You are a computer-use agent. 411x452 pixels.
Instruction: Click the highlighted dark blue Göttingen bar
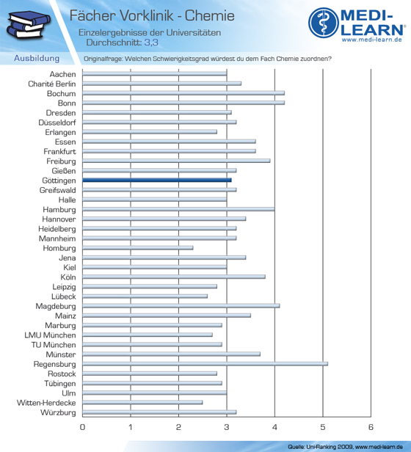tap(157, 181)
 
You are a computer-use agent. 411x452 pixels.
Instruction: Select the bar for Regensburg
tap(205, 364)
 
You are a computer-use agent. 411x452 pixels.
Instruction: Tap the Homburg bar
tap(138, 248)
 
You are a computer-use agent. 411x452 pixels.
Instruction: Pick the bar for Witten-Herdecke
tap(142, 402)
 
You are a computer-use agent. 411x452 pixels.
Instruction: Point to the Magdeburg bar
tap(181, 306)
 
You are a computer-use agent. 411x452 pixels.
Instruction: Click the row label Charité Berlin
tap(52, 84)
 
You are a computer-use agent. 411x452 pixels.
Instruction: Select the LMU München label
tap(50, 335)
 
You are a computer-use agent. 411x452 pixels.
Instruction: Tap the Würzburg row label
tap(58, 412)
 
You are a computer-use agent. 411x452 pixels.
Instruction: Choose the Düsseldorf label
tap(57, 123)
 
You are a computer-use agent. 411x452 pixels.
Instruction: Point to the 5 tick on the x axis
tap(323, 427)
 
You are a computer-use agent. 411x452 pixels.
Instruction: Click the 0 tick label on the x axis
tap(82, 427)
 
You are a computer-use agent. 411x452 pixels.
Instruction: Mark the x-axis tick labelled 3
tap(227, 427)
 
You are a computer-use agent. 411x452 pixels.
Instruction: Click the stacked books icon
tap(29, 24)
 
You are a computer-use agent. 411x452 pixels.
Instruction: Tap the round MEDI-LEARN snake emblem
tap(324, 23)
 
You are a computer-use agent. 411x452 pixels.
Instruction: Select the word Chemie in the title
tap(210, 15)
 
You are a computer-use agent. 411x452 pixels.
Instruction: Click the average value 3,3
tap(151, 43)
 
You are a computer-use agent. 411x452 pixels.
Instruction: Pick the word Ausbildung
tap(37, 58)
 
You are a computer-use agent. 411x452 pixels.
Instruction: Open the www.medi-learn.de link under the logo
tap(372, 40)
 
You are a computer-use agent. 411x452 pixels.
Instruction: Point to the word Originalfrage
tap(103, 59)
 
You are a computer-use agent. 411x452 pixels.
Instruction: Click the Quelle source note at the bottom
tap(345, 447)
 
